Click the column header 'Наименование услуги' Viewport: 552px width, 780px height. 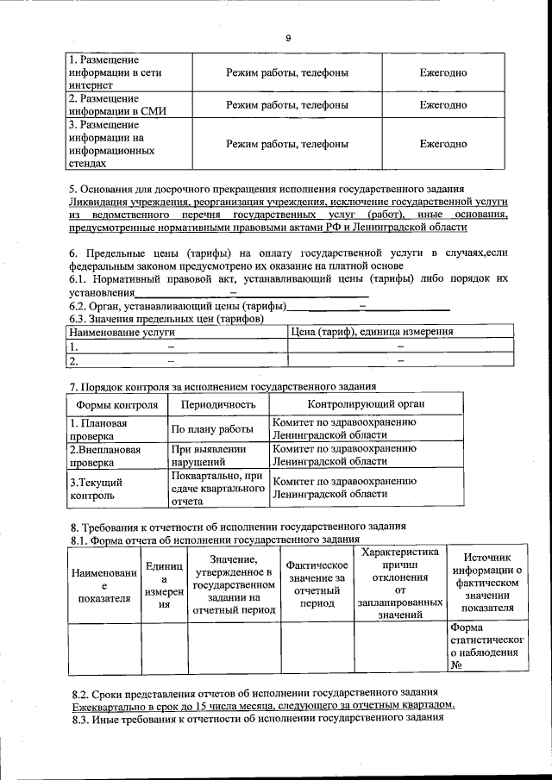coord(122,331)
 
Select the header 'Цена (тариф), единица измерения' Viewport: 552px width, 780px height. coord(373,331)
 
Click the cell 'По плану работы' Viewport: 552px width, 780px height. coord(212,429)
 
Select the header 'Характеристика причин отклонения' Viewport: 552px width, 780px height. coord(400,583)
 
